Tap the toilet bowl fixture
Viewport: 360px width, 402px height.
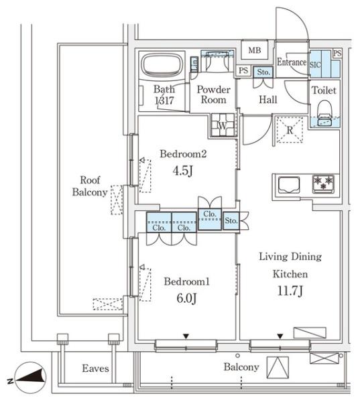pos(324,113)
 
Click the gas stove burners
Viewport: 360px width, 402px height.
pos(323,184)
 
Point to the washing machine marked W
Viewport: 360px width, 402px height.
pos(223,125)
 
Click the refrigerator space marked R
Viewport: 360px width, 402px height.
pos(290,130)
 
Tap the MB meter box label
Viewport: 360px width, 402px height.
pos(255,50)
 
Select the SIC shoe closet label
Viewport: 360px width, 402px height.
pos(315,64)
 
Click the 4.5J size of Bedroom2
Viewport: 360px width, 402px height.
pos(183,170)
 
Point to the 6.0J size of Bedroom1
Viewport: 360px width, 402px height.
pos(186,298)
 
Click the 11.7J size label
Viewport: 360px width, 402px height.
pos(290,291)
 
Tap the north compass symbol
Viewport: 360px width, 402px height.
pos(31,378)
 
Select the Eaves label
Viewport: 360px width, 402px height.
pos(95,368)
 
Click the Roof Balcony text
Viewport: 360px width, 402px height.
pos(90,186)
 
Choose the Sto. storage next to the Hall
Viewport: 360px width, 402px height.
pos(263,72)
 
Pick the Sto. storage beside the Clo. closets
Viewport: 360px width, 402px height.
pos(231,220)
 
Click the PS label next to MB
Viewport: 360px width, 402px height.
pos(243,70)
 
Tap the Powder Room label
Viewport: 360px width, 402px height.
pos(213,94)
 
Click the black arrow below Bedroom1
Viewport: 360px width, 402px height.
pos(186,336)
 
